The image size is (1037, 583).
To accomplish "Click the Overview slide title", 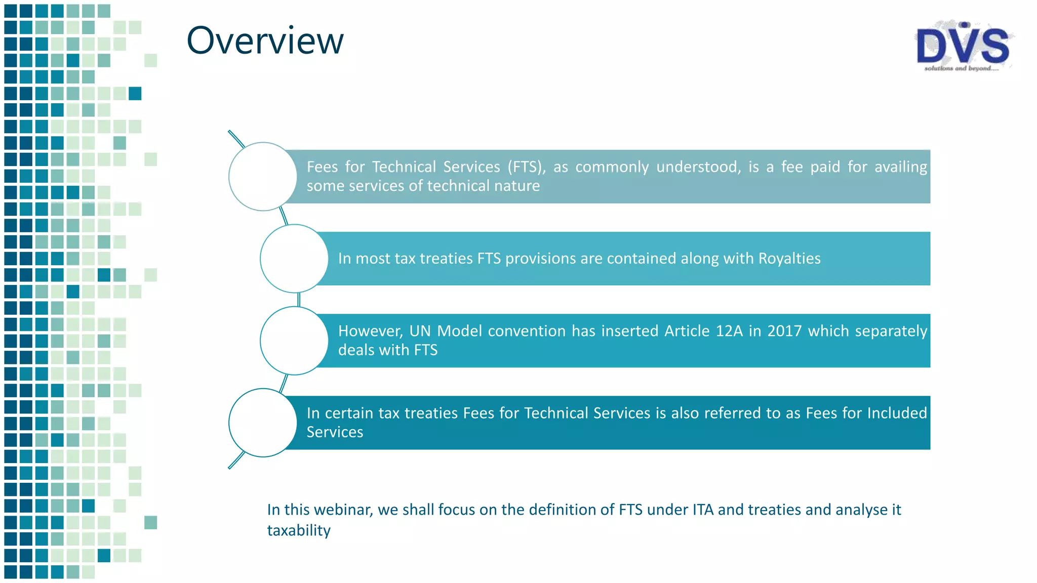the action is (x=265, y=40).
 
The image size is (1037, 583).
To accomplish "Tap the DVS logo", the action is (x=963, y=46).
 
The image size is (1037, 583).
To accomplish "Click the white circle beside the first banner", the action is (x=262, y=177).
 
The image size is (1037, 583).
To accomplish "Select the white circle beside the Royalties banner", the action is (x=294, y=259).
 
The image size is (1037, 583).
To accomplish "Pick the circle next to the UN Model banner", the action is (x=294, y=341).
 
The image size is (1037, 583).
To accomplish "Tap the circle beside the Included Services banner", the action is (x=262, y=423).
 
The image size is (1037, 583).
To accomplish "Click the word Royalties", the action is (x=789, y=259).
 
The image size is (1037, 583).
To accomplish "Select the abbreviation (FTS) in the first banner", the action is (x=527, y=167).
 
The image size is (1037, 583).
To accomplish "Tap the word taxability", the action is (x=299, y=530).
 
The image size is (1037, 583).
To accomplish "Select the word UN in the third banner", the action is (x=420, y=331).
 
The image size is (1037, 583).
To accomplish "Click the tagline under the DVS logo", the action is (x=961, y=68).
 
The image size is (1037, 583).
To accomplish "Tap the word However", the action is (x=370, y=331).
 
